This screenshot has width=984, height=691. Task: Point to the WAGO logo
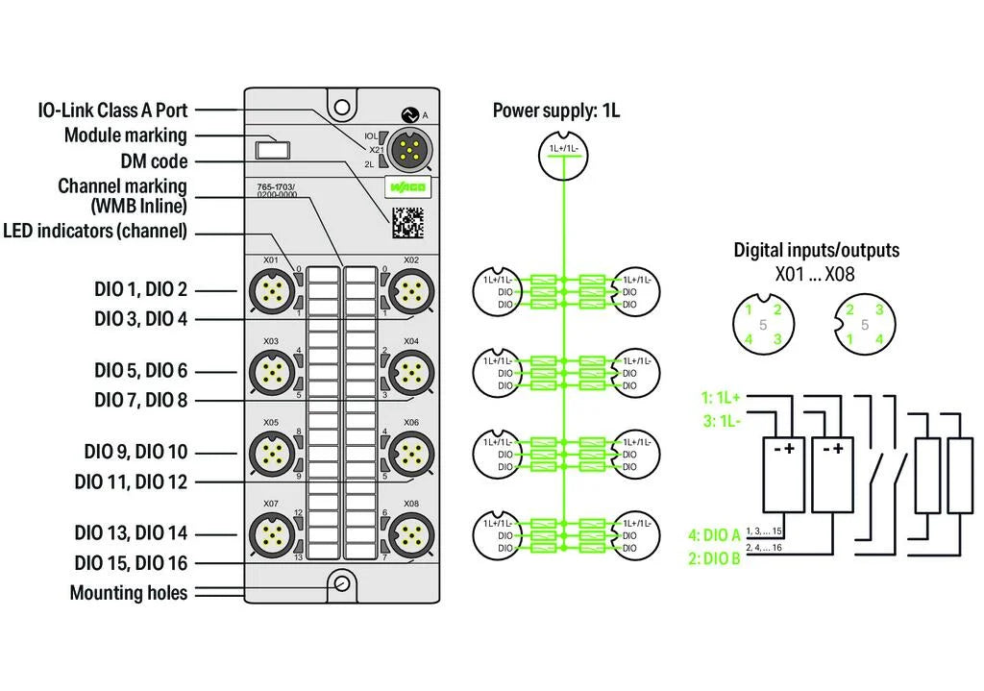(x=406, y=185)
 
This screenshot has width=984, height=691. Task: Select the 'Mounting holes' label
(x=128, y=593)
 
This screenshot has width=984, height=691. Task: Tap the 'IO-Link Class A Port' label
(x=112, y=111)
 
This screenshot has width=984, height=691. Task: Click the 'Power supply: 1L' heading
(x=556, y=111)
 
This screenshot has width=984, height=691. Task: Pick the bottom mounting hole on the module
(x=340, y=582)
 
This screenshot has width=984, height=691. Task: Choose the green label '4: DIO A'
(x=714, y=535)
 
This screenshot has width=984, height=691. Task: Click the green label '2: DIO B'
(x=714, y=558)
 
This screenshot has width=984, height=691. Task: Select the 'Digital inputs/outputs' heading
(x=816, y=250)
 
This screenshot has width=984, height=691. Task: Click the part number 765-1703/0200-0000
(x=276, y=191)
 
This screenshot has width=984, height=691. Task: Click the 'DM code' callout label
(x=154, y=161)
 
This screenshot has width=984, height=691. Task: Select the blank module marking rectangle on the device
(x=273, y=150)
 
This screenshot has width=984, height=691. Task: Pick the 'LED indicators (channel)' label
(x=95, y=231)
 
